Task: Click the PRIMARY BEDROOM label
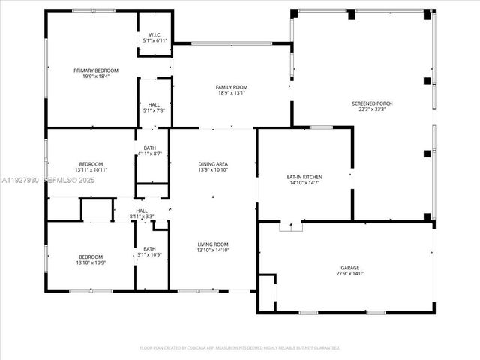[96, 70]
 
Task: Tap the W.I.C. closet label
[155, 34]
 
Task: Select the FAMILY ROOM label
[232, 87]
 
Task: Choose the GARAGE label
[350, 268]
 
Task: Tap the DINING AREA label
[213, 163]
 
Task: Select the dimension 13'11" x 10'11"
[91, 170]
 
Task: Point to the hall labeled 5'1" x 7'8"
[154, 108]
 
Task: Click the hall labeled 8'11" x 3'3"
[142, 214]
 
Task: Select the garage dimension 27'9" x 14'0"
[350, 274]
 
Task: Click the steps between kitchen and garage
[289, 226]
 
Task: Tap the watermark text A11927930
[19, 181]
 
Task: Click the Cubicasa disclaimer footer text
[240, 348]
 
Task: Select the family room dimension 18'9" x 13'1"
[232, 93]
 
